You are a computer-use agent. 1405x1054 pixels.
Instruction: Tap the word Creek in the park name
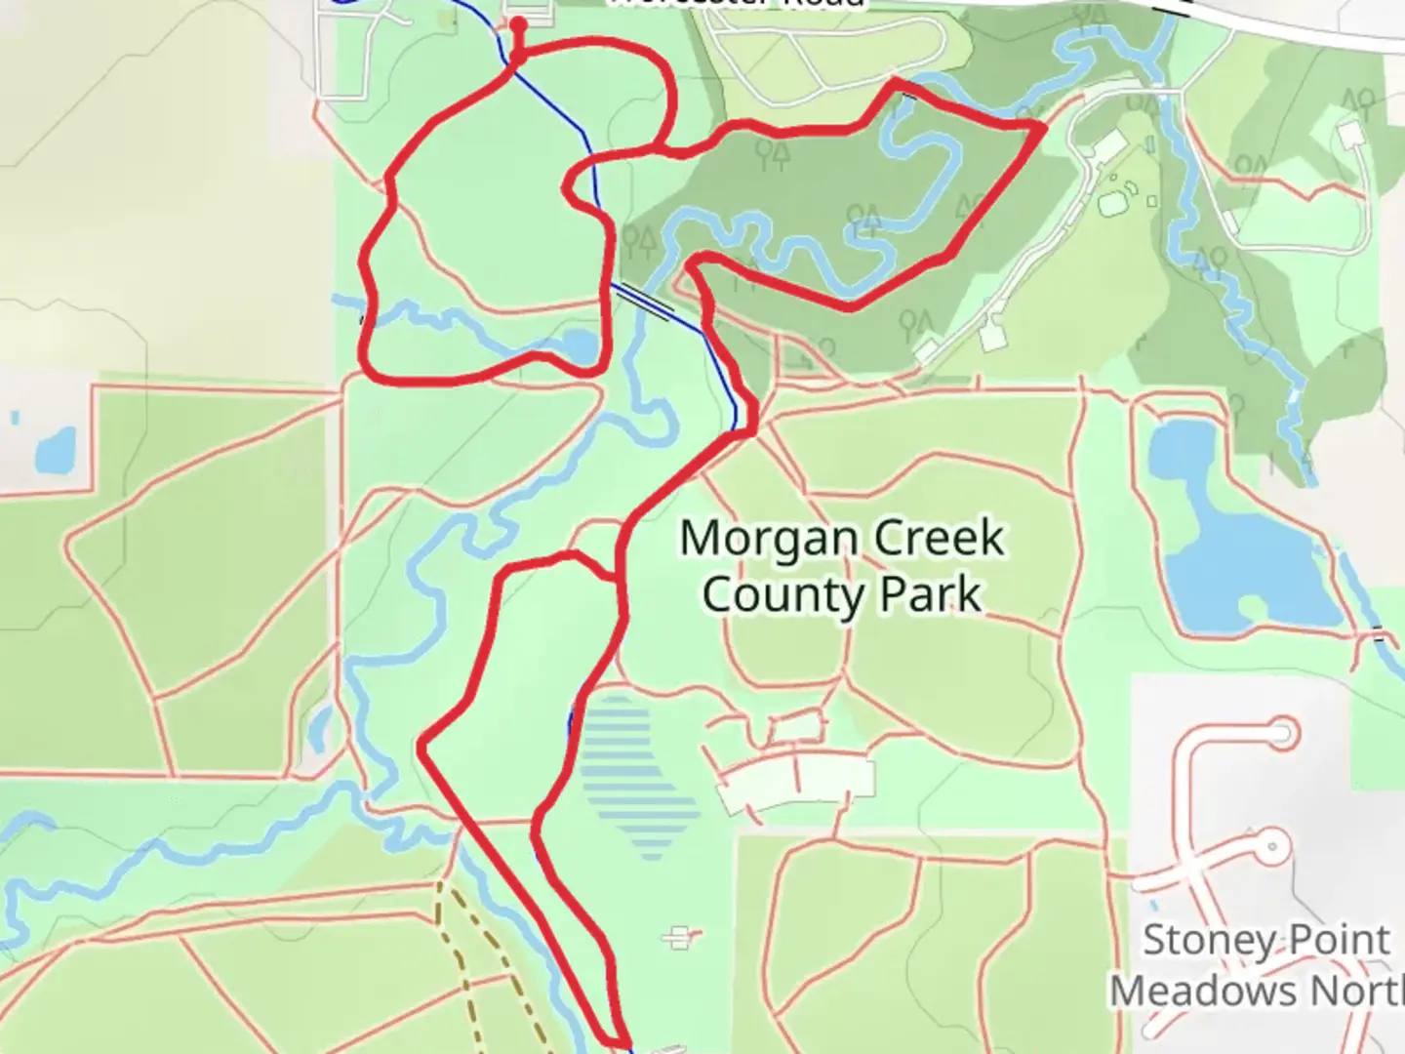click(939, 539)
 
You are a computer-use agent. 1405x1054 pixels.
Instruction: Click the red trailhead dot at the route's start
click(519, 25)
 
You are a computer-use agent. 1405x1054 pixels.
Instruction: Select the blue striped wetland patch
click(639, 781)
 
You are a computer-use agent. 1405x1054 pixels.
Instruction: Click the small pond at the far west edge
click(55, 449)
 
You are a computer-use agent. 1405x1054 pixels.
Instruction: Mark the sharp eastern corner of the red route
click(1042, 126)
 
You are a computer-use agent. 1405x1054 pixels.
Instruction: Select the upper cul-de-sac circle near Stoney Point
click(1282, 733)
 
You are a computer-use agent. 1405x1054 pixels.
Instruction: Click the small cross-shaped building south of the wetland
click(680, 939)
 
